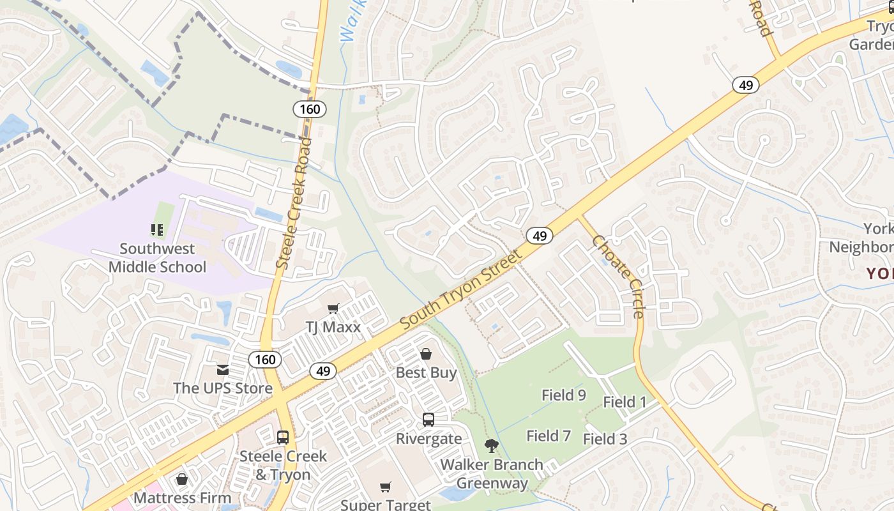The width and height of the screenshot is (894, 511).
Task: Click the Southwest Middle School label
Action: point(157,257)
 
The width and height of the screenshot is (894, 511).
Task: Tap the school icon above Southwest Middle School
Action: point(157,229)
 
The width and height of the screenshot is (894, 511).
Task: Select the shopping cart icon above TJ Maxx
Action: point(333,309)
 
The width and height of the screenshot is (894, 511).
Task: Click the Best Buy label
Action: point(426,372)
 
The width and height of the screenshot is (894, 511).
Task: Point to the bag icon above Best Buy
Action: point(426,354)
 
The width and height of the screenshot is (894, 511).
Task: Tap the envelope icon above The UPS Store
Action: point(222,369)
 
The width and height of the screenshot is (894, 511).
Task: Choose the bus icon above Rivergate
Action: point(428,420)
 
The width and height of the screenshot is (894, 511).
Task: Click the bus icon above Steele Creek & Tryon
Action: point(283,438)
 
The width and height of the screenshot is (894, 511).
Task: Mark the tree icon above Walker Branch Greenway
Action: point(491,446)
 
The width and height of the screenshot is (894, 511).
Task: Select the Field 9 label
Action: point(564,395)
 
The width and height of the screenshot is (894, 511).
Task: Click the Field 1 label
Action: point(625,402)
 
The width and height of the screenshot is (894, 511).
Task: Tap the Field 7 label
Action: point(549,436)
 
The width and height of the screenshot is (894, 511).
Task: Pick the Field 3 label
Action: point(605,439)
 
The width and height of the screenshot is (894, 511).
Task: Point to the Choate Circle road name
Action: point(618,276)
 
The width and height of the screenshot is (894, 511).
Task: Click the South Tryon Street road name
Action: point(461,289)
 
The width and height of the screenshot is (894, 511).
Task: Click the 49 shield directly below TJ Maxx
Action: point(323,371)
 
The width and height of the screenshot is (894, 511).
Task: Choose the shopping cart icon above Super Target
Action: point(386,487)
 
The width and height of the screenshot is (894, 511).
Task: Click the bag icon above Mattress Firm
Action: point(182,479)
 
